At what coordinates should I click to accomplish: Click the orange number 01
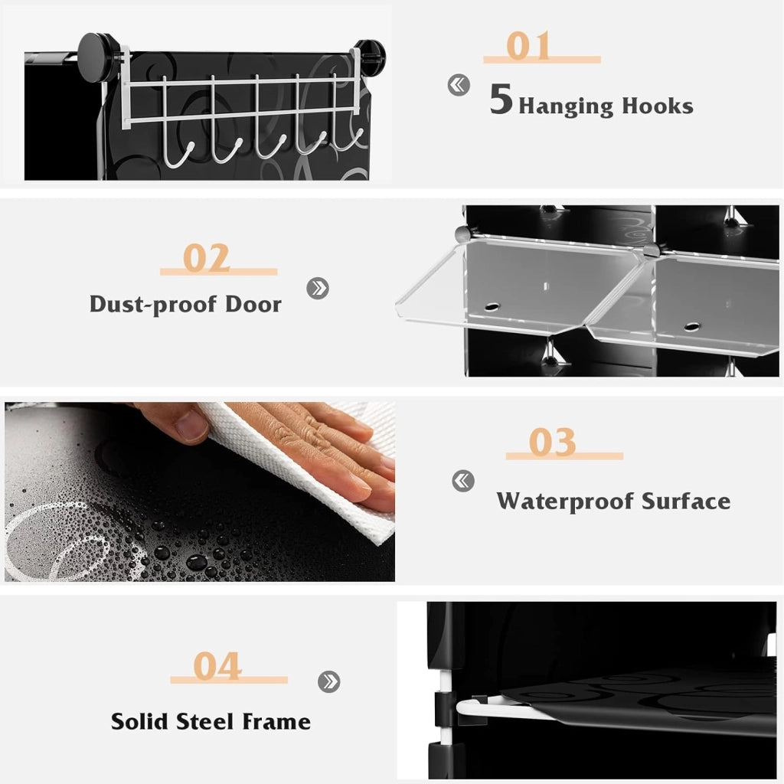point(528,45)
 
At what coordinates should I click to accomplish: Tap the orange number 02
point(206,258)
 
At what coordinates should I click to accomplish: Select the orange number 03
point(552,442)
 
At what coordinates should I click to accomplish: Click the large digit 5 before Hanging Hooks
point(501,99)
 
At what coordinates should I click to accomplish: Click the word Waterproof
point(565,501)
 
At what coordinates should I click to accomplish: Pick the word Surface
point(686,501)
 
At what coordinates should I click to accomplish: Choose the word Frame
point(276,721)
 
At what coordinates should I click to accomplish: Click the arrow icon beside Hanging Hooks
point(459,85)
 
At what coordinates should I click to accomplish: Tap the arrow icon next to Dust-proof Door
point(318,288)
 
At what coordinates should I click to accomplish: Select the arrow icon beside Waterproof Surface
point(463,481)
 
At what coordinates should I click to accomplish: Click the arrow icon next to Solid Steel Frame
point(328,681)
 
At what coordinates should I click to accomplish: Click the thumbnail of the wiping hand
point(200,492)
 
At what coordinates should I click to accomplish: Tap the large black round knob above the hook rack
point(97,53)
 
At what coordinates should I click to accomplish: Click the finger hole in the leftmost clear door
point(492,306)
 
